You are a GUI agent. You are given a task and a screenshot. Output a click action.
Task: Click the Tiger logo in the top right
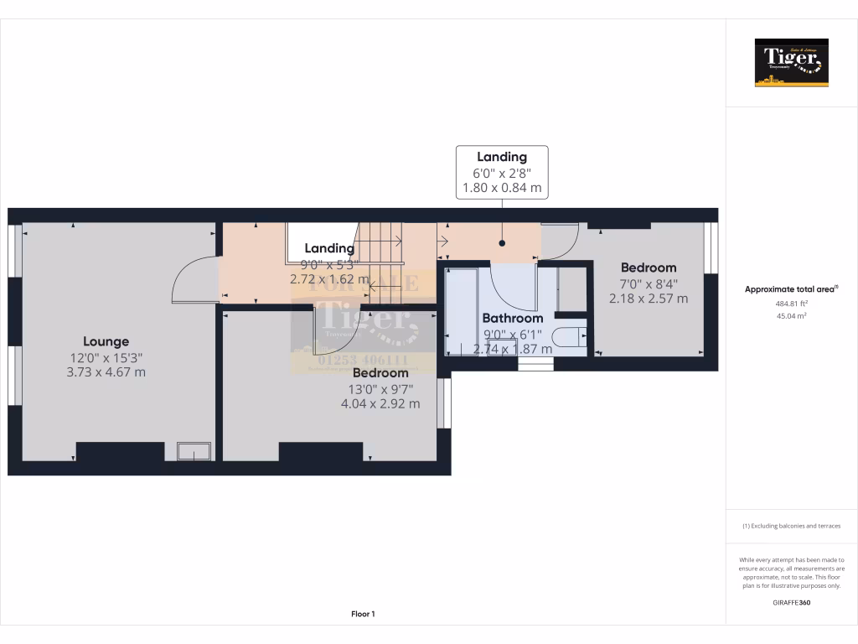coord(791,63)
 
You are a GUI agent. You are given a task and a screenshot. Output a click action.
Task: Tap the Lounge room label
coord(106,341)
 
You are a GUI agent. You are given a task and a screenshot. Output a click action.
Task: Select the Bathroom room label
coord(512,318)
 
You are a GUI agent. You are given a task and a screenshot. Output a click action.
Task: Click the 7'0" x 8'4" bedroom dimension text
coord(648,283)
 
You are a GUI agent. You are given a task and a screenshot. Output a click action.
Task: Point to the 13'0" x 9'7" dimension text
coord(380,388)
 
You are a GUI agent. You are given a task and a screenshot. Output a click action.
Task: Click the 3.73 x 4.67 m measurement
coord(106,371)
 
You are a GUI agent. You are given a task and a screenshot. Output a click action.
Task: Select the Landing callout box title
coord(501,157)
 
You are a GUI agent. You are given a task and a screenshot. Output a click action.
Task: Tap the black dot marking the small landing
coord(503,244)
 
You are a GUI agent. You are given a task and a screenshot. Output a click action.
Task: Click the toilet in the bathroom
coord(570,337)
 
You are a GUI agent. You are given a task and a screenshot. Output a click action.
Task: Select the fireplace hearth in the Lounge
coord(195,452)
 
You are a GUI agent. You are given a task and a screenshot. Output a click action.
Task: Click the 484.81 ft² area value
coord(791,303)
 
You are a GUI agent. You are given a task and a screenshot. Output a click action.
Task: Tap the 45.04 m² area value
coord(791,316)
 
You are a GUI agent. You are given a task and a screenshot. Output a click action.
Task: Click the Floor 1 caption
coord(363,615)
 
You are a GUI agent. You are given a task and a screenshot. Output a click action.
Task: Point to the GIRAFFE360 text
coord(791,602)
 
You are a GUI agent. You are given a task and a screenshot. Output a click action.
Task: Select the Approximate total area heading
coord(791,289)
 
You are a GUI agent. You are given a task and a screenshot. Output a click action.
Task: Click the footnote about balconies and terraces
coord(791,526)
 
